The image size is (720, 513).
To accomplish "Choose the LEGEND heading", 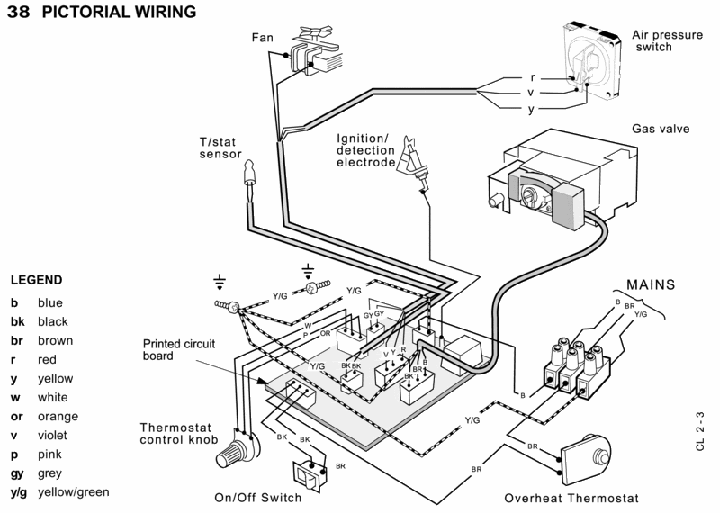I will click(x=36, y=280).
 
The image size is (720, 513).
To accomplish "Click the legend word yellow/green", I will click(x=73, y=492).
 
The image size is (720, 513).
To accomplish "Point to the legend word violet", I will click(x=52, y=436).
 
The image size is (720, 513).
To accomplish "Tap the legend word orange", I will click(x=58, y=417).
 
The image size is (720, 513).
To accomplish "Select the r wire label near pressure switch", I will click(x=533, y=76).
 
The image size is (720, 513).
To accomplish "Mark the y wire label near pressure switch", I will click(x=531, y=108).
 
